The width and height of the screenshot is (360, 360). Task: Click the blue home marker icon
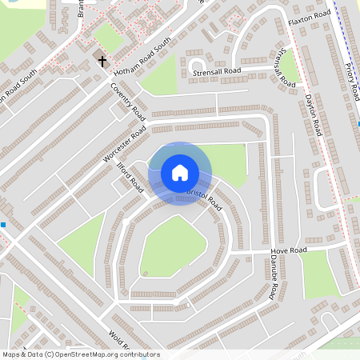click(x=180, y=172)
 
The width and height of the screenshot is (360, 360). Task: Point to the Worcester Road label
click(x=124, y=145)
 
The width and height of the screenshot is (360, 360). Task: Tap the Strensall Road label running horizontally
click(x=217, y=72)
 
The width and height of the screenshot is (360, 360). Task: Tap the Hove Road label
click(x=289, y=250)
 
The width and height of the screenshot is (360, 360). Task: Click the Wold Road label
click(x=119, y=340)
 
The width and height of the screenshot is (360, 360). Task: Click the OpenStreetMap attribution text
click(x=81, y=354)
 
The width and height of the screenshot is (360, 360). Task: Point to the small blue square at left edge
click(x=3, y=225)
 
